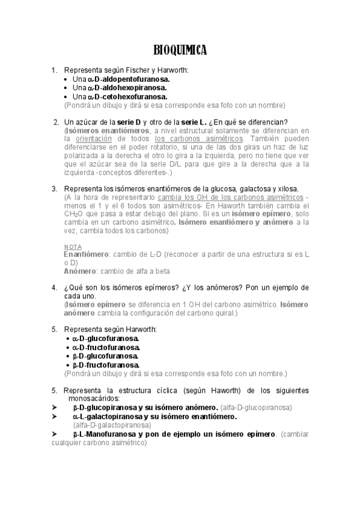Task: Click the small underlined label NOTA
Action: pos(72,247)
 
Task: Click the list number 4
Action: pos(54,287)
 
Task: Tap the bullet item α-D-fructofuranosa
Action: pos(106,347)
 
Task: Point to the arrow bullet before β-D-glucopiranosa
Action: pos(55,407)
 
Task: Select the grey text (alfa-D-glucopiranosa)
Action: pos(257,407)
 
